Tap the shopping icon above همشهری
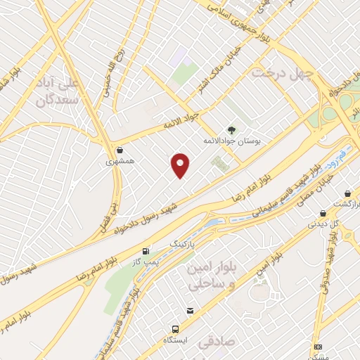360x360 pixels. click(x=119, y=150)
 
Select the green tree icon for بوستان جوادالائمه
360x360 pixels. click(x=232, y=129)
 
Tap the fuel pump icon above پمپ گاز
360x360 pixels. click(x=146, y=250)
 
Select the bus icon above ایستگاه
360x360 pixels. click(x=175, y=328)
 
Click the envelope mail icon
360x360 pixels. click(x=191, y=311)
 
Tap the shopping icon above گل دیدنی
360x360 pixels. click(x=323, y=213)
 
